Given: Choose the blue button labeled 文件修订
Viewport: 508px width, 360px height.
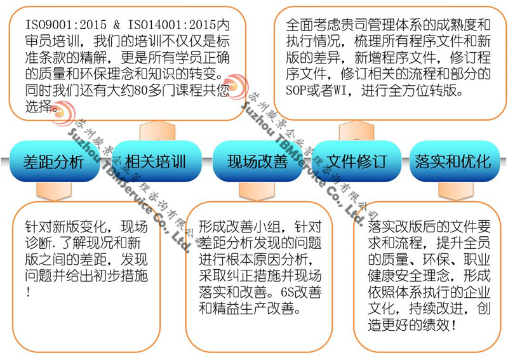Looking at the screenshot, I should tap(356, 161).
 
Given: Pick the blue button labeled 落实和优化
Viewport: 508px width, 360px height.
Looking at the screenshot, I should tap(453, 161).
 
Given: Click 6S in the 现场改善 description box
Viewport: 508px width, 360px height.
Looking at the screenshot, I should tap(279, 293).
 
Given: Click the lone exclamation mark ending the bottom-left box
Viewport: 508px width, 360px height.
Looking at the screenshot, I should tap(29, 293).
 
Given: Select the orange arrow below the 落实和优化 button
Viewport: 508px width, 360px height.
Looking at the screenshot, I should tap(451, 190).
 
